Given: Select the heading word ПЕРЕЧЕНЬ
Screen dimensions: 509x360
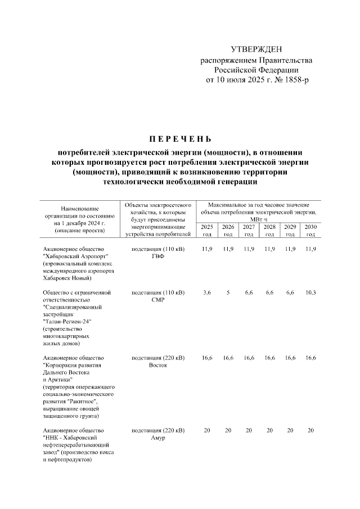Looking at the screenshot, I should point(180,138).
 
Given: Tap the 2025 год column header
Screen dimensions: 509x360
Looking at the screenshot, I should point(207,229).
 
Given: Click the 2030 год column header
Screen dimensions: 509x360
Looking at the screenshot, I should point(310,229).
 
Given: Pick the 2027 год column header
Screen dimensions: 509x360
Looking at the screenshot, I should point(249,229).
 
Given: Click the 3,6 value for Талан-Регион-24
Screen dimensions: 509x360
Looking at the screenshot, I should point(207,293).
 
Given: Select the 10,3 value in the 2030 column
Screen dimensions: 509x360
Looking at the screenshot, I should point(310,293).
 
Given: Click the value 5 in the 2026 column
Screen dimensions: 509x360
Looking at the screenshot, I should point(228,293).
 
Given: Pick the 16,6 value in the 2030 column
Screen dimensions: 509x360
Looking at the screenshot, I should point(310,358).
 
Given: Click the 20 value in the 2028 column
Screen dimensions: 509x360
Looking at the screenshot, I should point(269,430).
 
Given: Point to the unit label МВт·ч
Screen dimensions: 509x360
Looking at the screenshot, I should point(259,220).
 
